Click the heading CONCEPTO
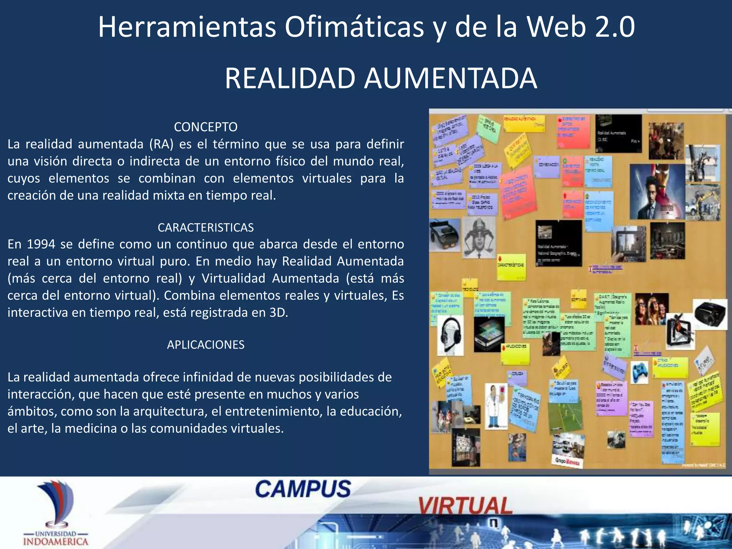pyautogui.click(x=206, y=127)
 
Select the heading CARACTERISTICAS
pyautogui.click(x=206, y=227)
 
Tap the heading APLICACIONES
pyautogui.click(x=206, y=345)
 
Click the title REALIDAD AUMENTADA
pyautogui.click(x=381, y=78)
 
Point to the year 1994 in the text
pyautogui.click(x=41, y=244)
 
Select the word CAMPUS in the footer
pyautogui.click(x=303, y=489)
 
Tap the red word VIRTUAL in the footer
pyautogui.click(x=465, y=506)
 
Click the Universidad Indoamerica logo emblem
pyautogui.click(x=57, y=504)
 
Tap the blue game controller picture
pyautogui.click(x=639, y=372)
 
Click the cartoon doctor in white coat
pyautogui.click(x=496, y=406)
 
